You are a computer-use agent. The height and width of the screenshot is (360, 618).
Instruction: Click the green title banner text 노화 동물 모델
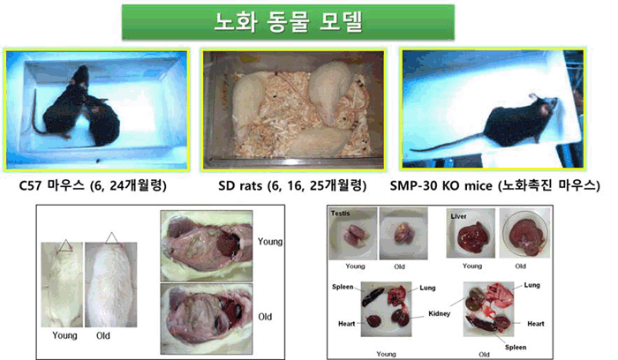[x=288, y=22]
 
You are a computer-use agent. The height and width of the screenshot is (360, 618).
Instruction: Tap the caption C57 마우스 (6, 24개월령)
[x=93, y=185]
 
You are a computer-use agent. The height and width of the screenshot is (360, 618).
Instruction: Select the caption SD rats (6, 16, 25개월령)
[x=292, y=185]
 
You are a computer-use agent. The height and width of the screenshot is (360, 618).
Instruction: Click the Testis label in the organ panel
[x=340, y=213]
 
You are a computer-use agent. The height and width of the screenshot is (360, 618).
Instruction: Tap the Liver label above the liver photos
[x=458, y=216]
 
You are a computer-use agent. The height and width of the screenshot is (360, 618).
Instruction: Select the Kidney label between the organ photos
[x=439, y=313]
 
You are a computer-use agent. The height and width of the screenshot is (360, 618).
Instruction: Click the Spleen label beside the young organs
[x=343, y=287]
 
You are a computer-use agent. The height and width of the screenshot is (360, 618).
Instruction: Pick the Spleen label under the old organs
[x=516, y=347]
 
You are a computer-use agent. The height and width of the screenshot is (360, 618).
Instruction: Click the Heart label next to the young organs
[x=346, y=324]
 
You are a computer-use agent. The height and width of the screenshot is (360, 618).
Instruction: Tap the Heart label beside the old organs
[x=536, y=324]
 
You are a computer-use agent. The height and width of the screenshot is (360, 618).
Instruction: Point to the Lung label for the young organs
[x=427, y=288]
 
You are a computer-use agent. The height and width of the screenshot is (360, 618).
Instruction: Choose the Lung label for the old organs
[x=531, y=285]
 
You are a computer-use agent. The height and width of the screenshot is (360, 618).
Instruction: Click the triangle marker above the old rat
[x=111, y=238]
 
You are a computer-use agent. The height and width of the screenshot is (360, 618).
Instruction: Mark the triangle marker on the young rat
[x=66, y=245]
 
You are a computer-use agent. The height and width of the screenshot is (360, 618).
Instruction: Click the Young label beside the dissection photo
[x=270, y=242]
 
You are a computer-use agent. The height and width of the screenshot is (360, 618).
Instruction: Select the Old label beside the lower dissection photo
[x=265, y=317]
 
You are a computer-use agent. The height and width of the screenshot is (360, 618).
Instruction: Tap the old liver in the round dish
[x=524, y=235]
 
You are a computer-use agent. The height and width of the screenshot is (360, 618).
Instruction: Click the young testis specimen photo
[x=353, y=234]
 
